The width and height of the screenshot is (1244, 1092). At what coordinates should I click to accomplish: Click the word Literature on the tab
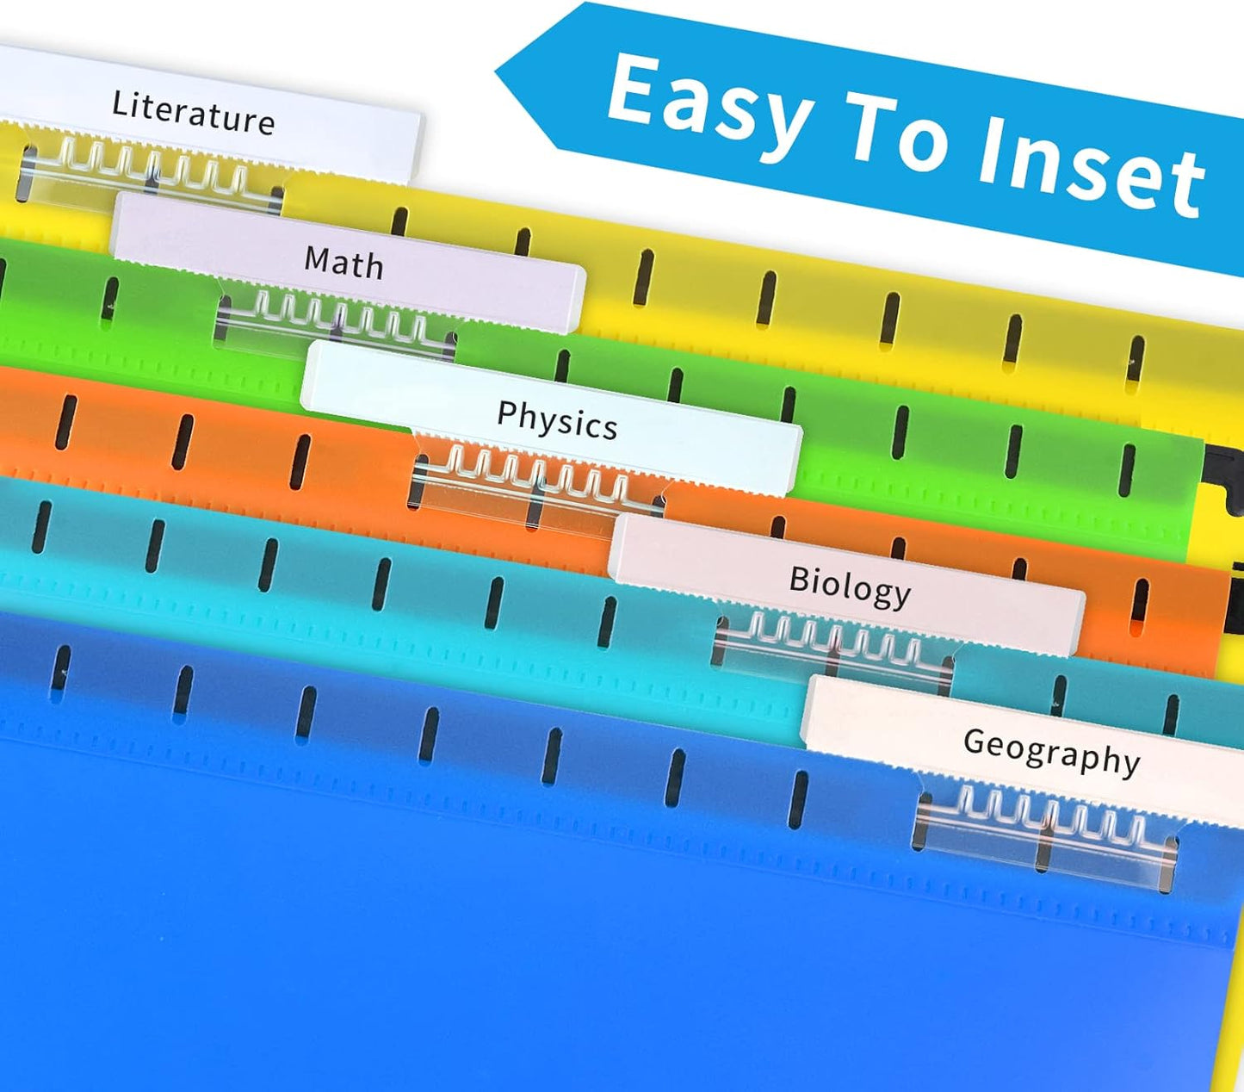point(194,113)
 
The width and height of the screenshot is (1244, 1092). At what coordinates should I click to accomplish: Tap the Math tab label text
point(343,263)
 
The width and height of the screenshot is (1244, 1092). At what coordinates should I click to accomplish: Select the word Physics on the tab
point(557,420)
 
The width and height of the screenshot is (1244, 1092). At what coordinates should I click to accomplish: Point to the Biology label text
point(850,586)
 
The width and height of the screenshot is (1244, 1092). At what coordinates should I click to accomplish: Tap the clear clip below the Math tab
point(337,322)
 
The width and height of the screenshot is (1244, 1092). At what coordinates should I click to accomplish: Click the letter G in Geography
point(975,741)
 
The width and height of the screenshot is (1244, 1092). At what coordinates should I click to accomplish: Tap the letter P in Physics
point(506,413)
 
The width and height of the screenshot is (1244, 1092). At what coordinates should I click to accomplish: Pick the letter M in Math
point(318,258)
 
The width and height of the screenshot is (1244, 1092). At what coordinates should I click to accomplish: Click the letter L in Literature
point(119,102)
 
